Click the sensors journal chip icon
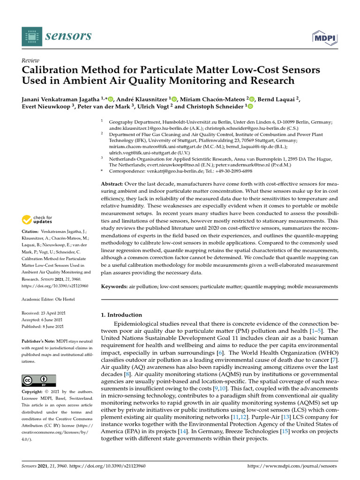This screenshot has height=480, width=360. (31, 36)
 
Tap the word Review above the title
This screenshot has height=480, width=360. (30, 61)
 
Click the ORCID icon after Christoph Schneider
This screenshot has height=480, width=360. (250, 107)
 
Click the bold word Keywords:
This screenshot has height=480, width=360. (115, 286)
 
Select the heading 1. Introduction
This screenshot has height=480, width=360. (122, 315)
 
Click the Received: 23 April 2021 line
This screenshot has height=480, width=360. (43, 313)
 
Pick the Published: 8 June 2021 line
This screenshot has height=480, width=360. (43, 326)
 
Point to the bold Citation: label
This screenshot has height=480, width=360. (31, 232)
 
